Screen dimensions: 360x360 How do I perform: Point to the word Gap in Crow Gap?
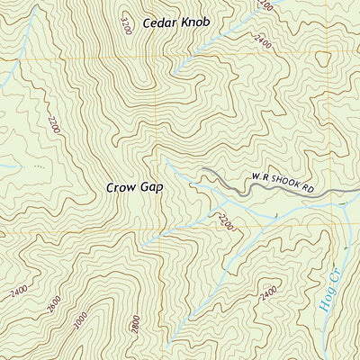pos(154,188)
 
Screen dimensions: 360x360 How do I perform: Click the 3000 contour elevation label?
pos(83,319)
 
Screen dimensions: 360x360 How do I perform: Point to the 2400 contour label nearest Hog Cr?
pos(267,292)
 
